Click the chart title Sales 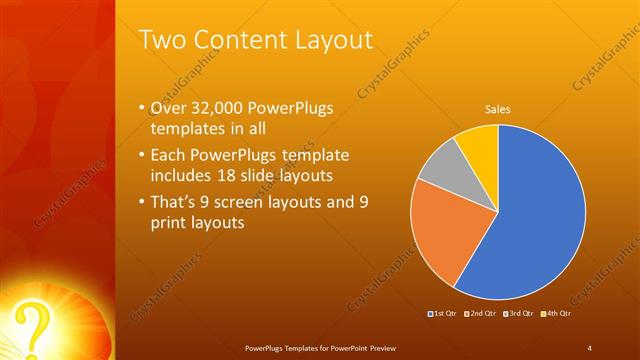498,110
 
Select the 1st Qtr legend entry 443,314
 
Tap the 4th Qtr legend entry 557,314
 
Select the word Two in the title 159,40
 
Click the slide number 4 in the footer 589,347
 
